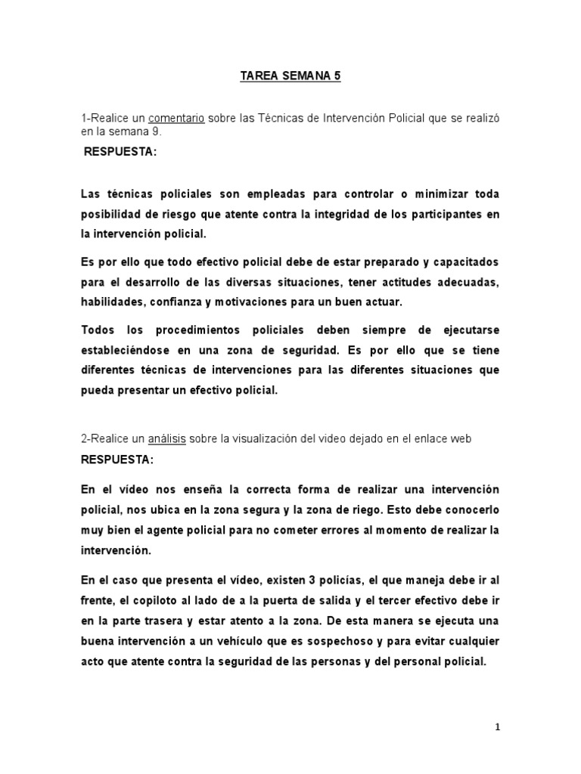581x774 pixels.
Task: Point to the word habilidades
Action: tap(113, 302)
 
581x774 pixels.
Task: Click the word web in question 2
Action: tap(489, 439)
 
